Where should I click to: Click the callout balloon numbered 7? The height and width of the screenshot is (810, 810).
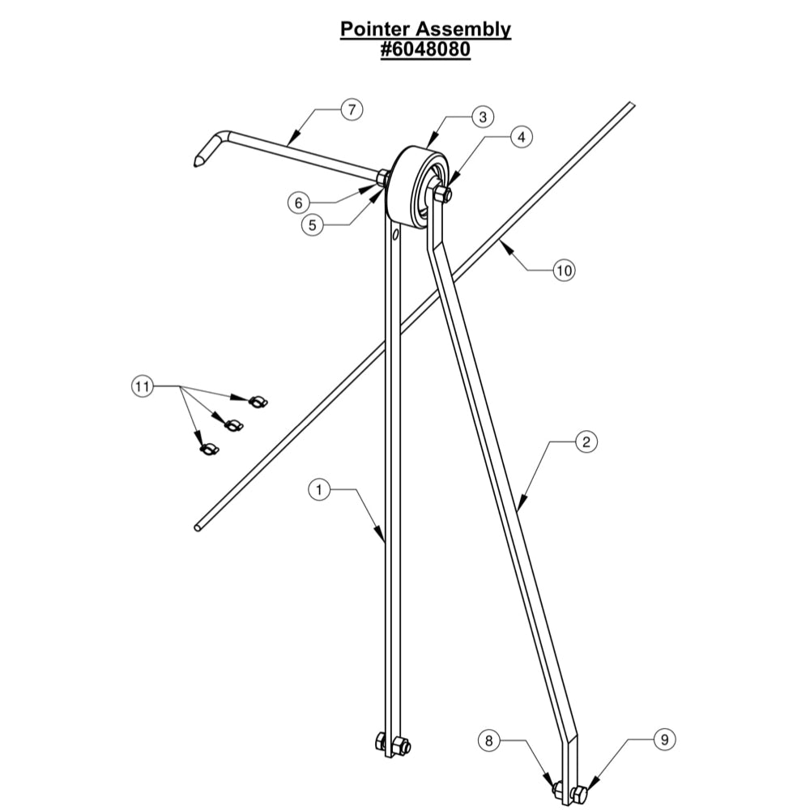click(352, 109)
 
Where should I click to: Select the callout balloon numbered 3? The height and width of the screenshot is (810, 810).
click(483, 117)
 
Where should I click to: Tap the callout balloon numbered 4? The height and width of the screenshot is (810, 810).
click(521, 137)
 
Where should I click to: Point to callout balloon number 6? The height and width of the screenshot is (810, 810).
click(299, 203)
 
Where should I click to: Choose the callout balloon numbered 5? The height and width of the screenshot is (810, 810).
click(313, 225)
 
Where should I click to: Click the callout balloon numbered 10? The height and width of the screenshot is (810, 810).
click(564, 270)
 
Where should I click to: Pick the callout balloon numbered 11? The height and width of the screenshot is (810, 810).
click(143, 386)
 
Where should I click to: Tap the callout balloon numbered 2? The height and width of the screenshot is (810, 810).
click(586, 441)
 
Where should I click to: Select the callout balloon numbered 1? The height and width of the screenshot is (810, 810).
click(319, 489)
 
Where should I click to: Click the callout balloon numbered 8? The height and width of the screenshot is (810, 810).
click(488, 740)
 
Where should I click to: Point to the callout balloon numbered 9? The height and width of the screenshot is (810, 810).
click(664, 740)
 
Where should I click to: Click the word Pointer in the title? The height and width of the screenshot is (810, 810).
click(373, 29)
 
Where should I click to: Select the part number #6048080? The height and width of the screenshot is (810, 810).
click(426, 49)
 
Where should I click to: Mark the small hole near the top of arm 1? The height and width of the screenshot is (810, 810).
click(395, 235)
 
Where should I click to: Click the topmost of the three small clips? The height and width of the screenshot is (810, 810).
click(258, 401)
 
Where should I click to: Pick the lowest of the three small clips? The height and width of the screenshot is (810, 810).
click(209, 449)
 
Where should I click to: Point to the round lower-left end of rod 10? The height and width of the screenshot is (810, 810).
click(198, 528)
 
